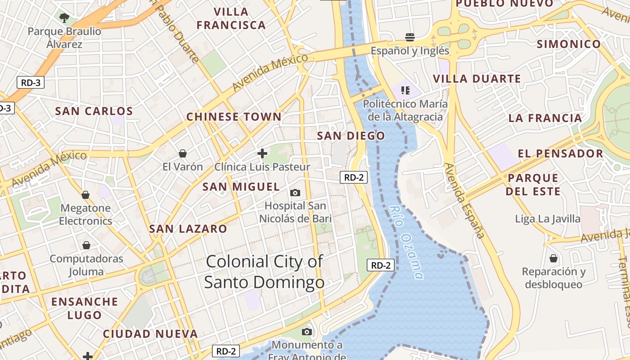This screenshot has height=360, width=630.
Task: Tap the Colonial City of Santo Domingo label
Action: [265, 272]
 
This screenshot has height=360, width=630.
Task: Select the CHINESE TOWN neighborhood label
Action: [234, 117]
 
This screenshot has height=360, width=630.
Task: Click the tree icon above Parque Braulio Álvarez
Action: [64, 18]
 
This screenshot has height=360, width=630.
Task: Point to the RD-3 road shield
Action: [31, 83]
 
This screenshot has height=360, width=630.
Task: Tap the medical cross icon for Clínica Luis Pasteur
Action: [262, 153]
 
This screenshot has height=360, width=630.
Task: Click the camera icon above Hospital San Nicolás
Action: [295, 193]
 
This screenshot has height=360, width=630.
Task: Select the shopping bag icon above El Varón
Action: [183, 153]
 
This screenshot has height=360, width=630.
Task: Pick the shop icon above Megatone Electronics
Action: [85, 195]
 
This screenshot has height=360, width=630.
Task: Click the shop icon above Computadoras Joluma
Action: [86, 245]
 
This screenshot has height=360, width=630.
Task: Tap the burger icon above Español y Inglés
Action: [409, 37]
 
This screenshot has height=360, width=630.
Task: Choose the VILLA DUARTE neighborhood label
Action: [477, 79]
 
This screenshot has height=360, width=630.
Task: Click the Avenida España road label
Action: [465, 201]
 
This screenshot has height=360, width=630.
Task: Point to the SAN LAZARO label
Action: [188, 229]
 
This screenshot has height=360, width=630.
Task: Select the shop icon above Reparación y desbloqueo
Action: [553, 258]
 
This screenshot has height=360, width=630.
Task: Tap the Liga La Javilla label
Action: [548, 219]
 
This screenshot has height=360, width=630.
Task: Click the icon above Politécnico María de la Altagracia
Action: [405, 90]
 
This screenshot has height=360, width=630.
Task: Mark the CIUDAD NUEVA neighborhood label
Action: [150, 334]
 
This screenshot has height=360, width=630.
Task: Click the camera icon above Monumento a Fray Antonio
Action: [307, 332]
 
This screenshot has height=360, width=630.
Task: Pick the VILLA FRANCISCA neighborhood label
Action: [231, 18]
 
